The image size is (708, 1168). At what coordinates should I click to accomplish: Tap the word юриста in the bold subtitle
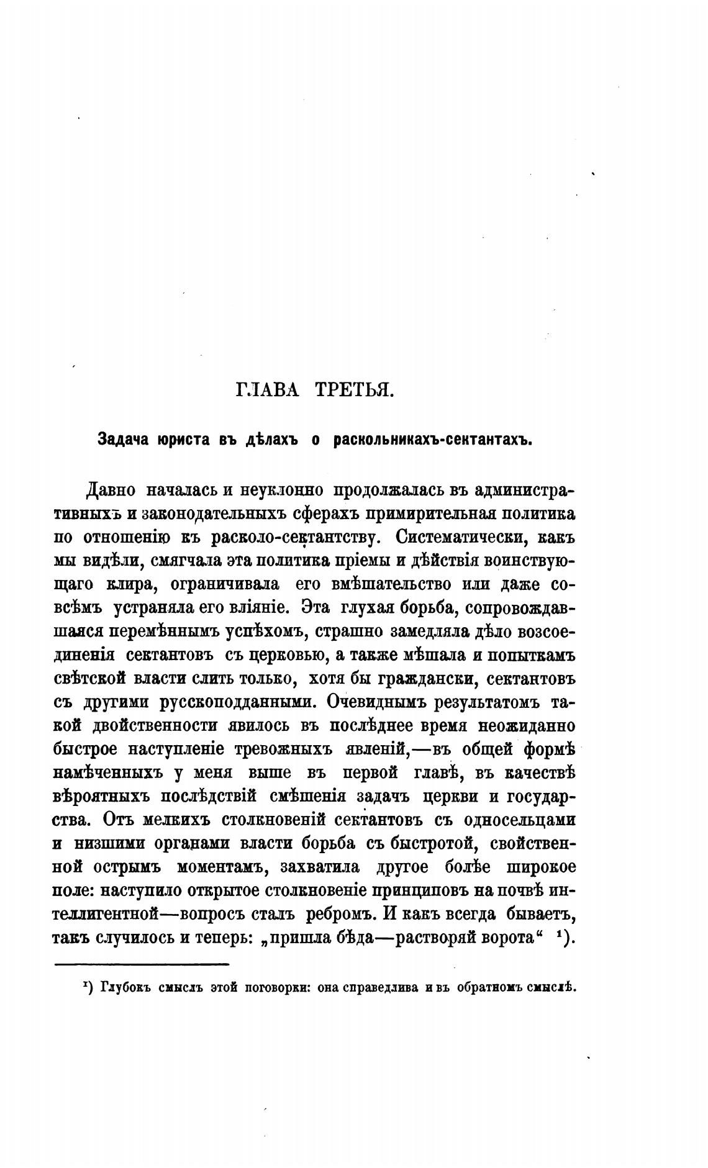point(178,439)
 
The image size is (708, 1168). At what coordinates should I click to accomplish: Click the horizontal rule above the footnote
point(142,964)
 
